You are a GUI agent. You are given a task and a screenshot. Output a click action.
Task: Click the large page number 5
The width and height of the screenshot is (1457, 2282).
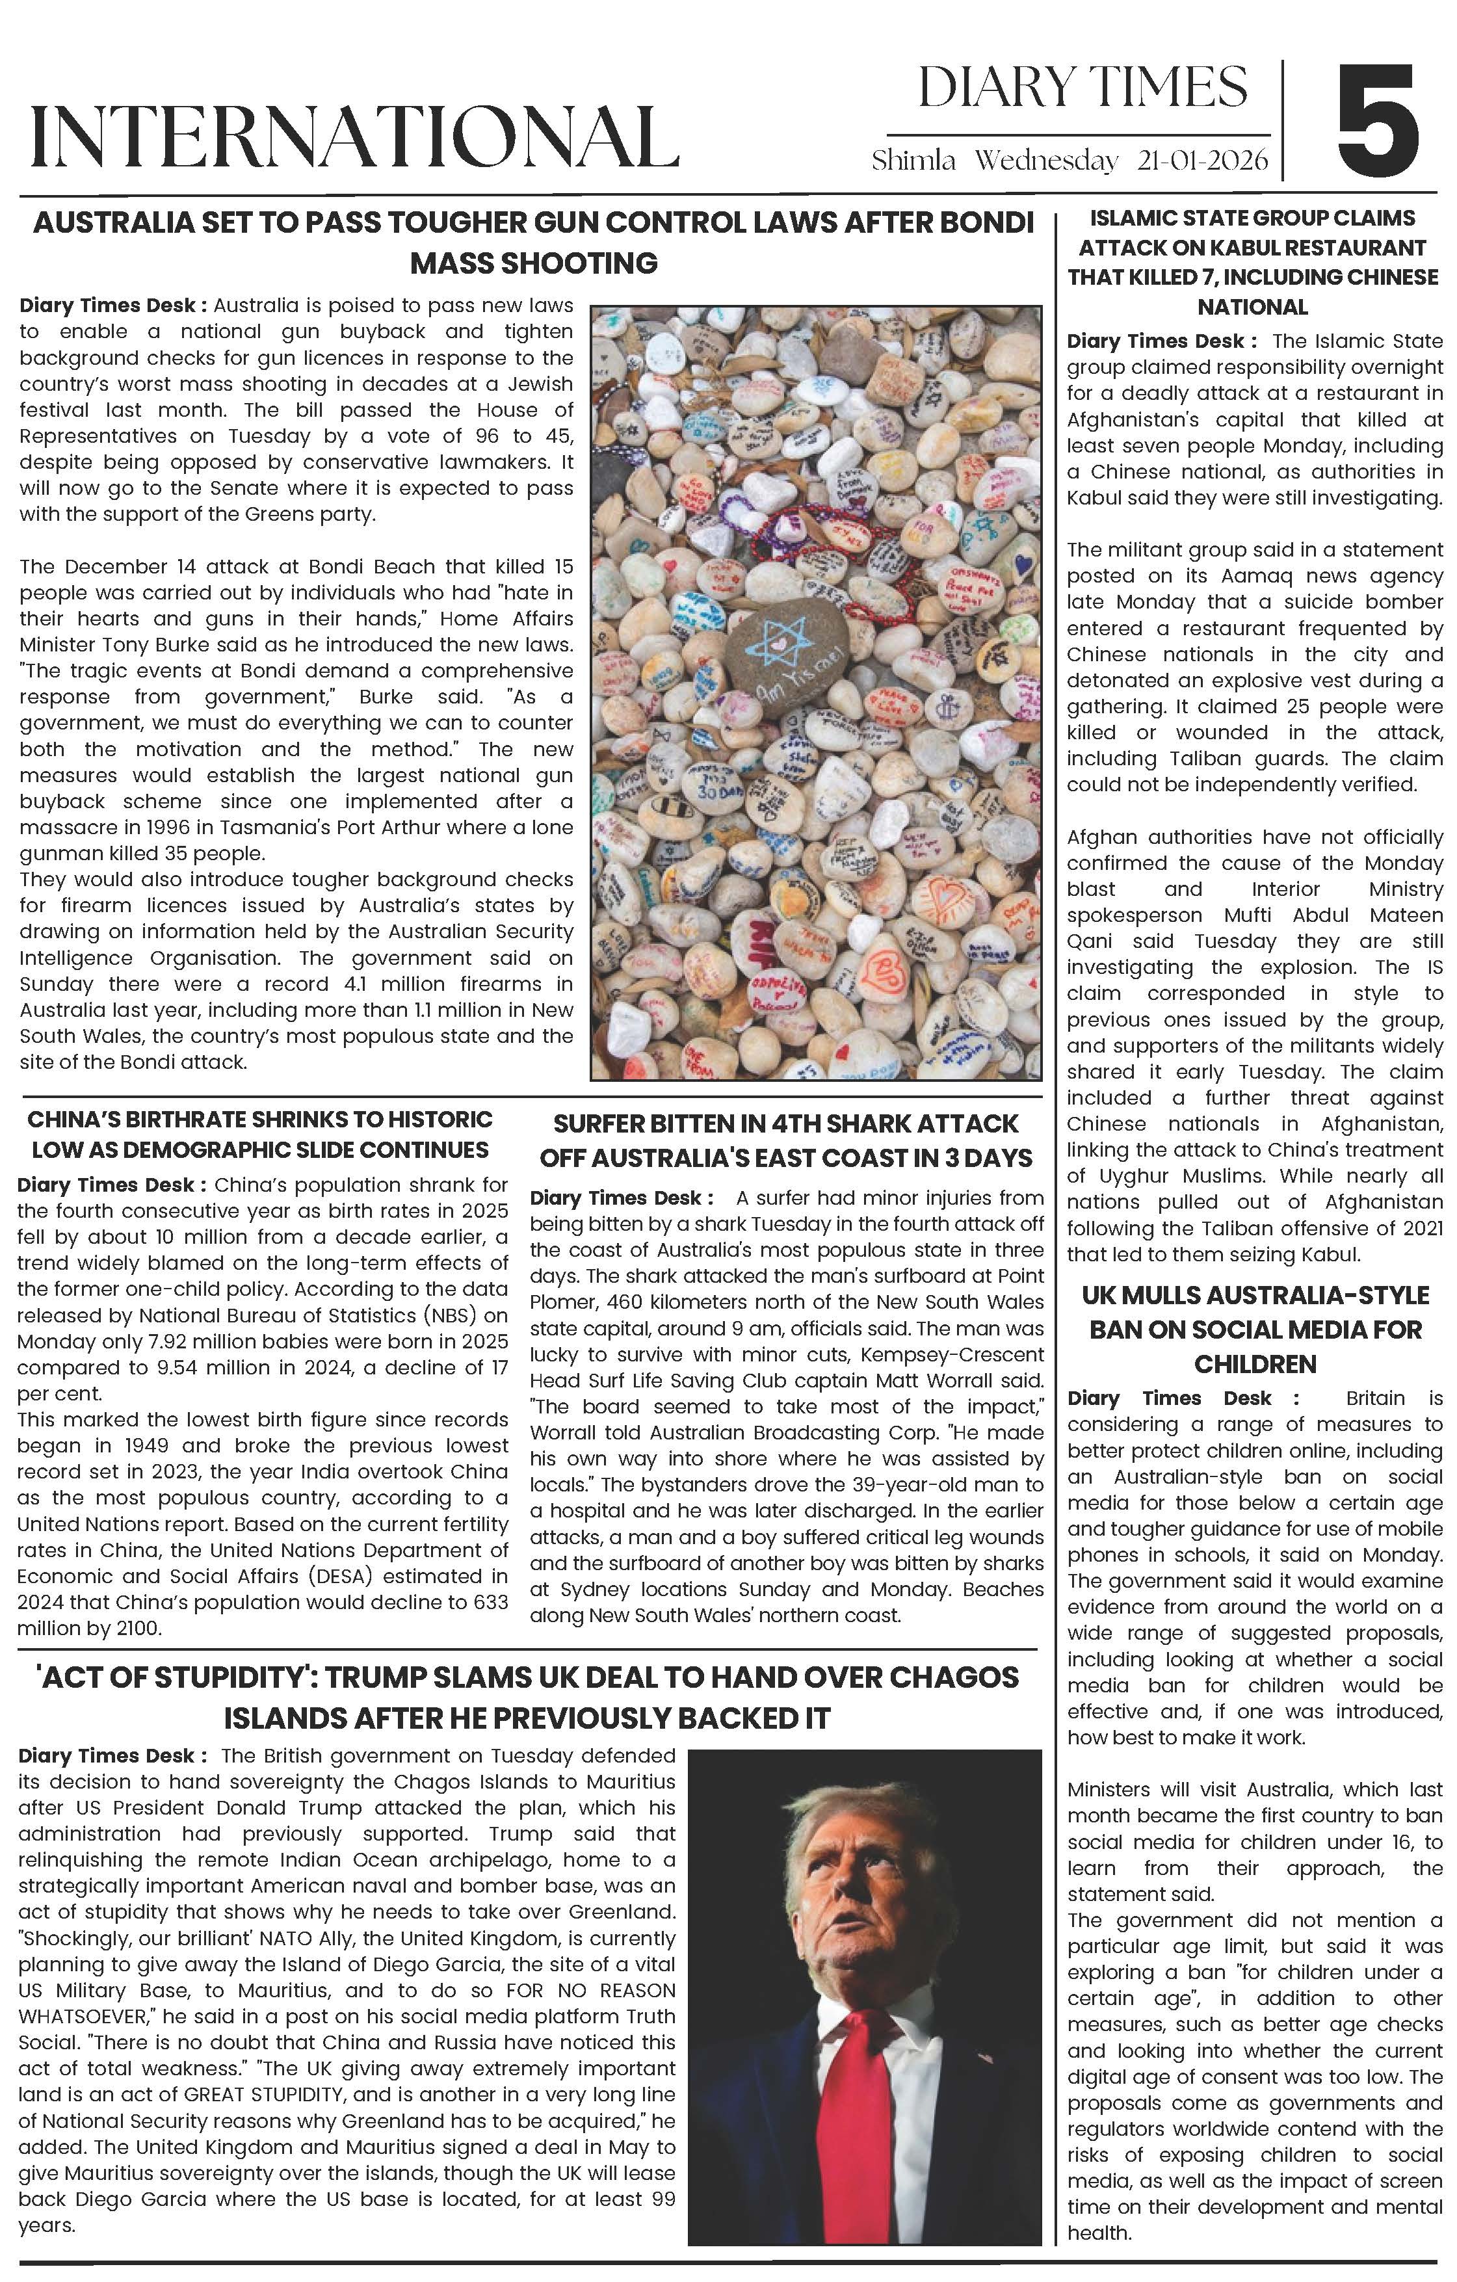coord(1378,118)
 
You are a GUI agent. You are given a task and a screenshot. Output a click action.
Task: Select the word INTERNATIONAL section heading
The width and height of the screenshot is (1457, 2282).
coord(354,137)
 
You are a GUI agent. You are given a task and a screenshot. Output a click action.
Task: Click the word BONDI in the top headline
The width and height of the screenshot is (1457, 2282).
coord(985,223)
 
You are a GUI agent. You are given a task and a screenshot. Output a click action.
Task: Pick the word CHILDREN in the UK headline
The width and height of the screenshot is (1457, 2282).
coord(1255,1364)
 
